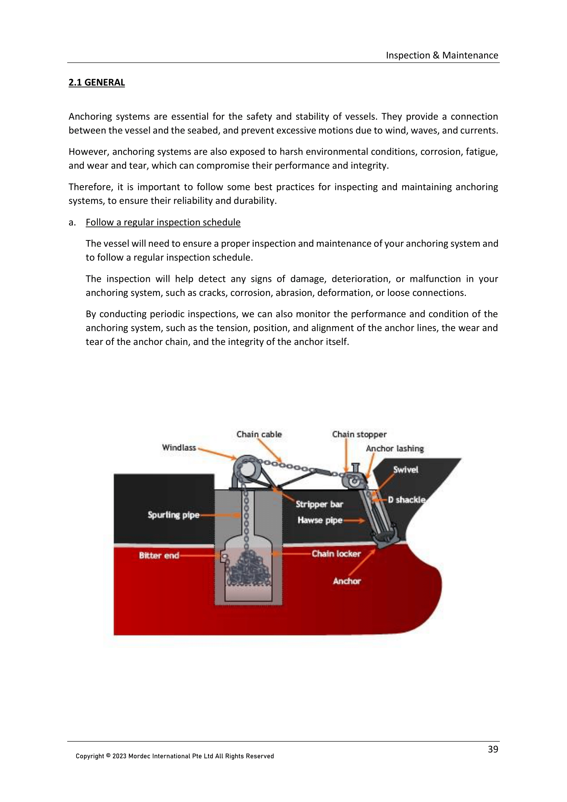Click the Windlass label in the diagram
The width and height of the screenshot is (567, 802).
[179, 447]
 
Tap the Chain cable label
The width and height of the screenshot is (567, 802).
[259, 434]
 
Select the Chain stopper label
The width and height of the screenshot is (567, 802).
[359, 434]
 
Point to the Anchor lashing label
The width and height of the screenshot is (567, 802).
[395, 448]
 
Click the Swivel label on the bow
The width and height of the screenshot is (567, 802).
[405, 470]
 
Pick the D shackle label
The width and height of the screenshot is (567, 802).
[407, 500]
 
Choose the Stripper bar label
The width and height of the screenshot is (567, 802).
[319, 504]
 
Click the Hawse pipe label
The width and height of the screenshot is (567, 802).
[320, 520]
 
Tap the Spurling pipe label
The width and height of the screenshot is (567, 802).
[173, 515]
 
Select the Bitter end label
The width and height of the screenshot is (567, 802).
[159, 555]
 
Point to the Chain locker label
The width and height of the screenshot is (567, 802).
[336, 554]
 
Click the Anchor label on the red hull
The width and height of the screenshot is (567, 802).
[346, 581]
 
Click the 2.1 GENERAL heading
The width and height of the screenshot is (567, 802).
[96, 82]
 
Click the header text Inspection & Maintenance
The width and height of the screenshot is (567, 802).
[442, 55]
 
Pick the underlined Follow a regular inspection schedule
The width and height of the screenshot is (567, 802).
[163, 222]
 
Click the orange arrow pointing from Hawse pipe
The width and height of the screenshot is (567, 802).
[354, 521]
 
